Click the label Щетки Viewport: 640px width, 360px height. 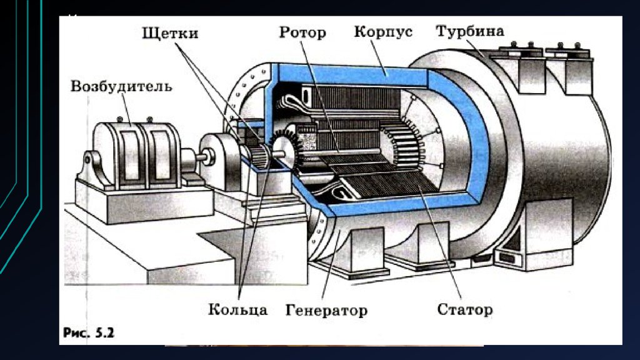170,32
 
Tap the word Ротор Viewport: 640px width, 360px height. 302,32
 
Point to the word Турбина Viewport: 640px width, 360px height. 470,31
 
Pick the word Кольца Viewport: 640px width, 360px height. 238,309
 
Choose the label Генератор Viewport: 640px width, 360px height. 326,310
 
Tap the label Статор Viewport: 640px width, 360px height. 465,309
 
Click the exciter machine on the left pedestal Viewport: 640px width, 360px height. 132,153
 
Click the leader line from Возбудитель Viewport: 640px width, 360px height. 127,107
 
